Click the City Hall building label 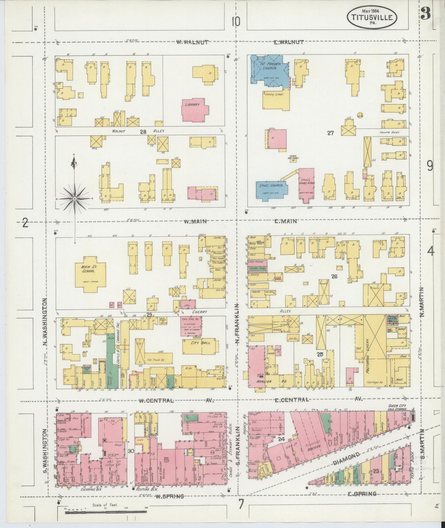coord(200,343)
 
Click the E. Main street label coord(285,221)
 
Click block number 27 coord(331,133)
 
